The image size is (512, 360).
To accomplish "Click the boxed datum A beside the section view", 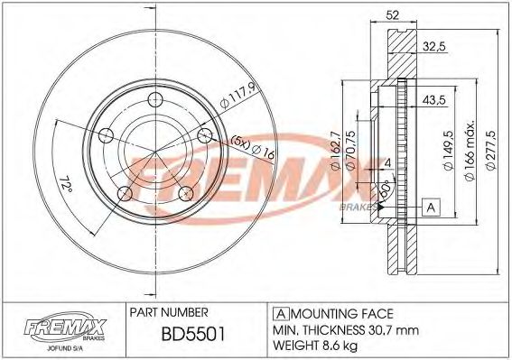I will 432,208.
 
